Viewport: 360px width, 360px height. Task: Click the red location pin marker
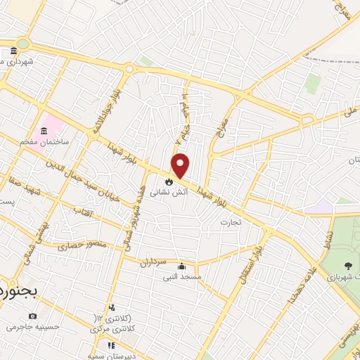181,165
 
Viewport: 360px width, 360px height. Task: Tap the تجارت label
230,222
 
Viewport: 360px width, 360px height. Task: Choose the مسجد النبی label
183,277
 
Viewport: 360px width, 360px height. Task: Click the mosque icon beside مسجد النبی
182,266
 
